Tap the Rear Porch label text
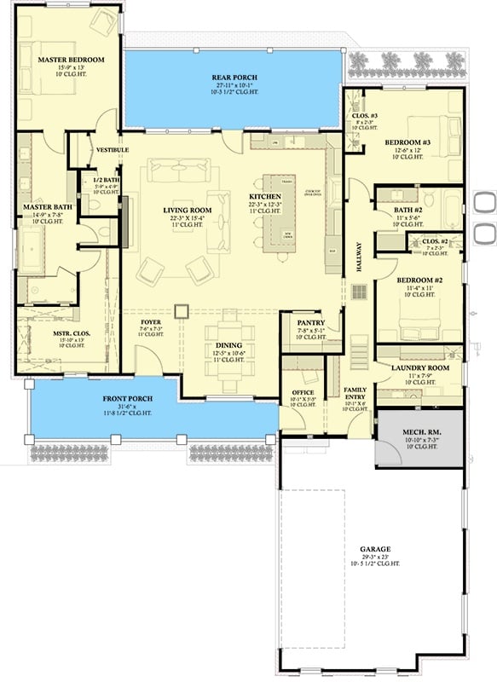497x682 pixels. [234, 78]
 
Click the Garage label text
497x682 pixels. [374, 549]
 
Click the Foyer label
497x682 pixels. [150, 321]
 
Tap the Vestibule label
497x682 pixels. [112, 150]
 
